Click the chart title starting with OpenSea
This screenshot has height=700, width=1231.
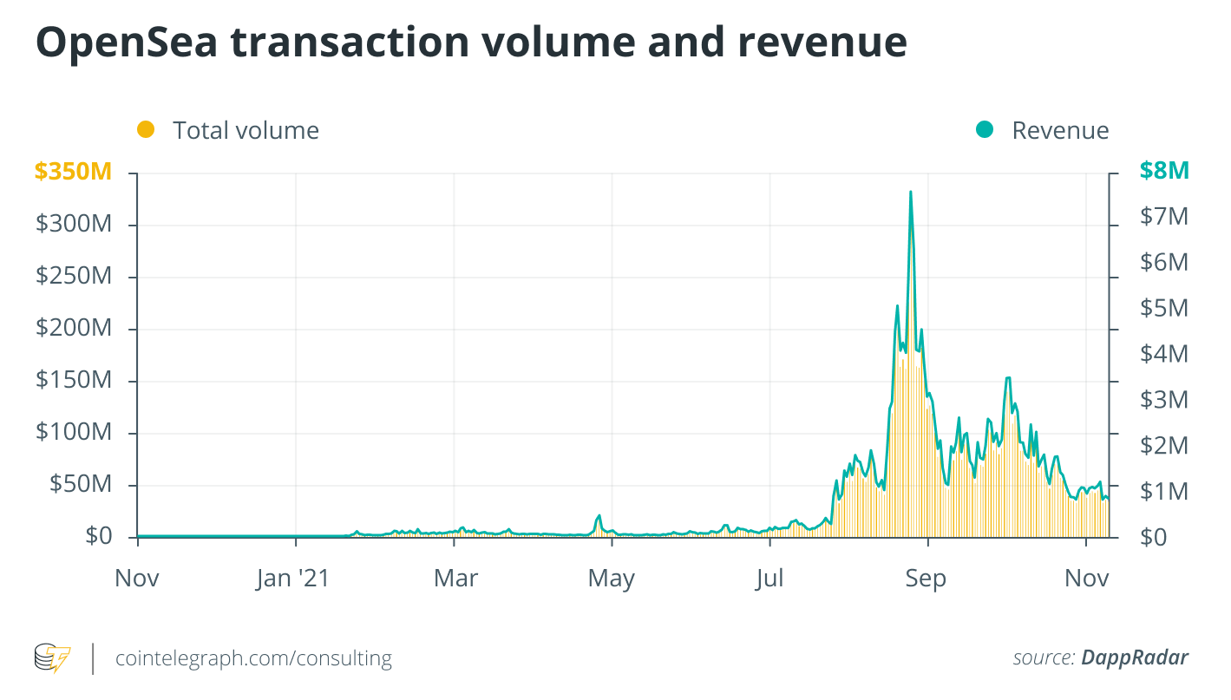[471, 43]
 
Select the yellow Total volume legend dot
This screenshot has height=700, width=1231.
[146, 130]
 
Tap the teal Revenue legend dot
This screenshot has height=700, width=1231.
[984, 130]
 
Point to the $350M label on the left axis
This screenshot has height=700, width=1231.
[74, 172]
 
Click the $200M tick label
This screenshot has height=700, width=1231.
[74, 328]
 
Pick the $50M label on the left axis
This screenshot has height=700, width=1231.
[79, 484]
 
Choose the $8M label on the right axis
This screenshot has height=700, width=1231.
[1163, 171]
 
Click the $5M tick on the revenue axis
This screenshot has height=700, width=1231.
[1163, 308]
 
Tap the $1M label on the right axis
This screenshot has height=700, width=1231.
[1163, 492]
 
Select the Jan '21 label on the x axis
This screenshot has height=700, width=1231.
[294, 579]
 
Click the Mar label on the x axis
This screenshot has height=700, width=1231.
[455, 579]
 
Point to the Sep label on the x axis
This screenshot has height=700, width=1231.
[926, 579]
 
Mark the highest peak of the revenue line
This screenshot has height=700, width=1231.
[910, 192]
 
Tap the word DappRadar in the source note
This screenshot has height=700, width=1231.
[1134, 657]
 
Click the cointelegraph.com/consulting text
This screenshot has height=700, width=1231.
[253, 658]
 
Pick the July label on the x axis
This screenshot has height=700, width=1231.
[769, 579]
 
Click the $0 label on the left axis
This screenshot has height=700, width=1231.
[98, 537]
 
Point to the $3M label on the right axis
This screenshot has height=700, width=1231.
[1163, 400]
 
